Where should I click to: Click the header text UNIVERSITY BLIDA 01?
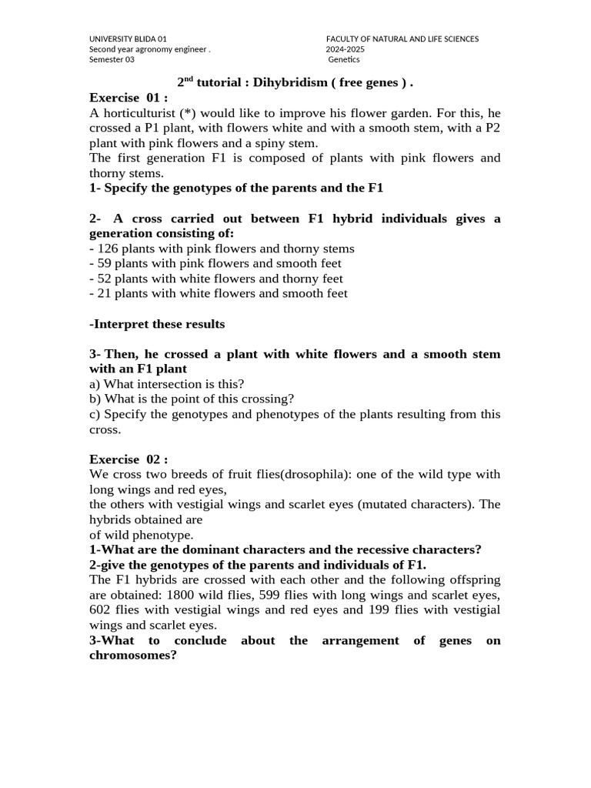point(128,38)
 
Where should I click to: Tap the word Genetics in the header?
point(344,60)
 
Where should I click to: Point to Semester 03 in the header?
point(112,60)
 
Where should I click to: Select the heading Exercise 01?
point(129,98)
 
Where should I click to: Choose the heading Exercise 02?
point(129,459)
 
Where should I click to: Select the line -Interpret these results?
point(157,324)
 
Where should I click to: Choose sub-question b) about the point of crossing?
point(192,399)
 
